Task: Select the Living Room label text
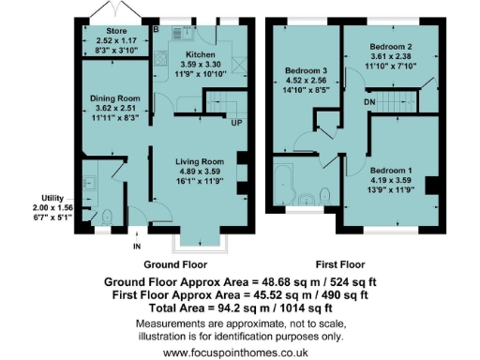[198, 161]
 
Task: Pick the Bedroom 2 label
[391, 46]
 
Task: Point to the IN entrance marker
[137, 246]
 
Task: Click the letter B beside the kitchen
[157, 29]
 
